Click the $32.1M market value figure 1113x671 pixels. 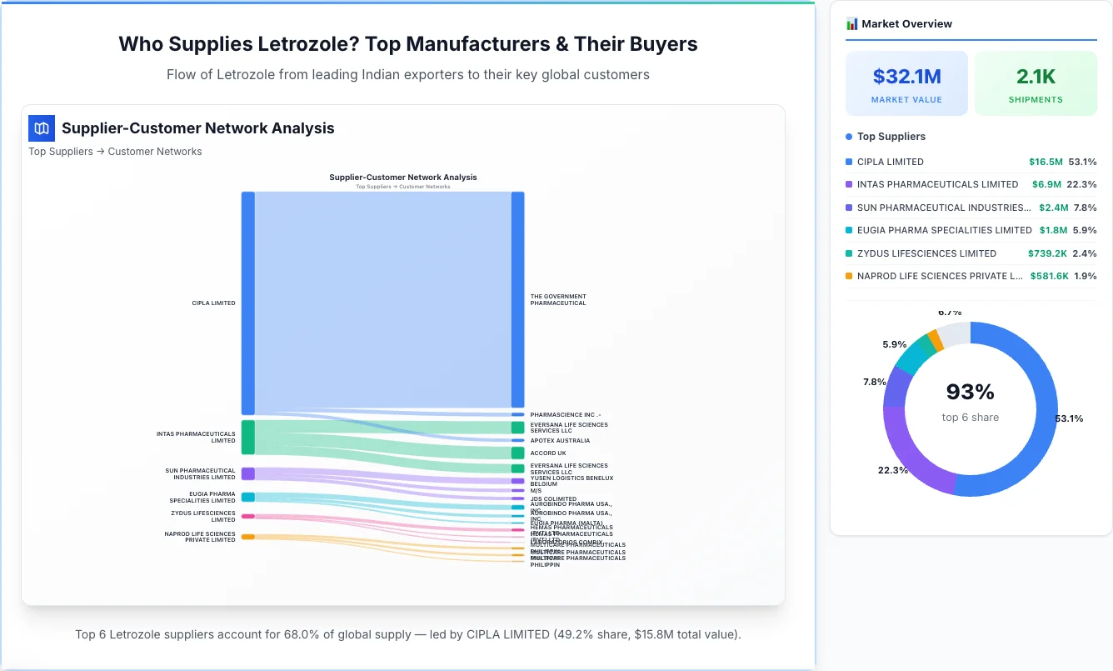906,77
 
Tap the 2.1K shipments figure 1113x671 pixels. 1036,77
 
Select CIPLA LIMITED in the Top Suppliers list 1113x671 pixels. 890,162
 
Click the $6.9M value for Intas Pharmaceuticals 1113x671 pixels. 1046,184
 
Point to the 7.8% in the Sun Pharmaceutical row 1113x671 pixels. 1085,208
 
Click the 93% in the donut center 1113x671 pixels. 970,392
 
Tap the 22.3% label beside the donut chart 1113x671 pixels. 892,470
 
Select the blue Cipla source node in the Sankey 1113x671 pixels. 248,303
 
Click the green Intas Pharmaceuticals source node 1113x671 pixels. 248,437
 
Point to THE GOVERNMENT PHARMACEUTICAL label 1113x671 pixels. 558,299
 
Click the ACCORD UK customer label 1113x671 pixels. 547,453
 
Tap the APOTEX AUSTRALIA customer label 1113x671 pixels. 559,440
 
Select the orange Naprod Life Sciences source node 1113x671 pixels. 248,537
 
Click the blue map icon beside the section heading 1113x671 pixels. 42,128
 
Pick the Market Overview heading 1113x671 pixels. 906,24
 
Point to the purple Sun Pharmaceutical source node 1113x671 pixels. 248,473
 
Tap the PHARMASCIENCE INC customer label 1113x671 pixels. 565,414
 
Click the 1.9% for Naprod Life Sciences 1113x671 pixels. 1085,276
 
